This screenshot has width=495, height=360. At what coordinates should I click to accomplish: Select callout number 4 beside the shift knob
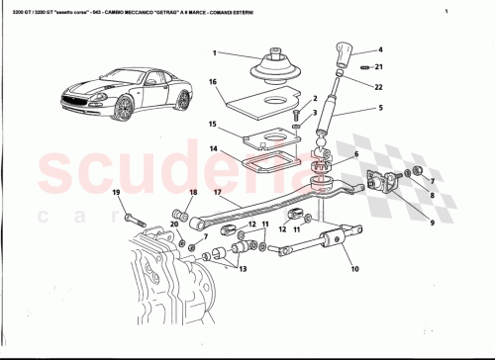point(380,49)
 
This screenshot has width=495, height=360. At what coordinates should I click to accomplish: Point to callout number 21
point(380,66)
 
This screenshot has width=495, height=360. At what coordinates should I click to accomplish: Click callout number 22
point(380,88)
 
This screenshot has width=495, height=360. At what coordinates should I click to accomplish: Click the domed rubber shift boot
point(270,68)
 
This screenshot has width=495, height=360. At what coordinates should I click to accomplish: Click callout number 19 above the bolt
point(116,192)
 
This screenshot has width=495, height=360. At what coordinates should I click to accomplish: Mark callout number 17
point(217,194)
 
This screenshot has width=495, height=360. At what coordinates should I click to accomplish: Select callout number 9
point(404,224)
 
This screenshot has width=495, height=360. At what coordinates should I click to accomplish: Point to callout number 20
point(174,225)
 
